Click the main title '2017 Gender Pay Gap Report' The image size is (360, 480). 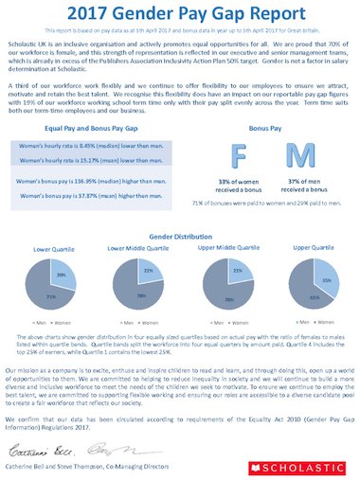(180, 15)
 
